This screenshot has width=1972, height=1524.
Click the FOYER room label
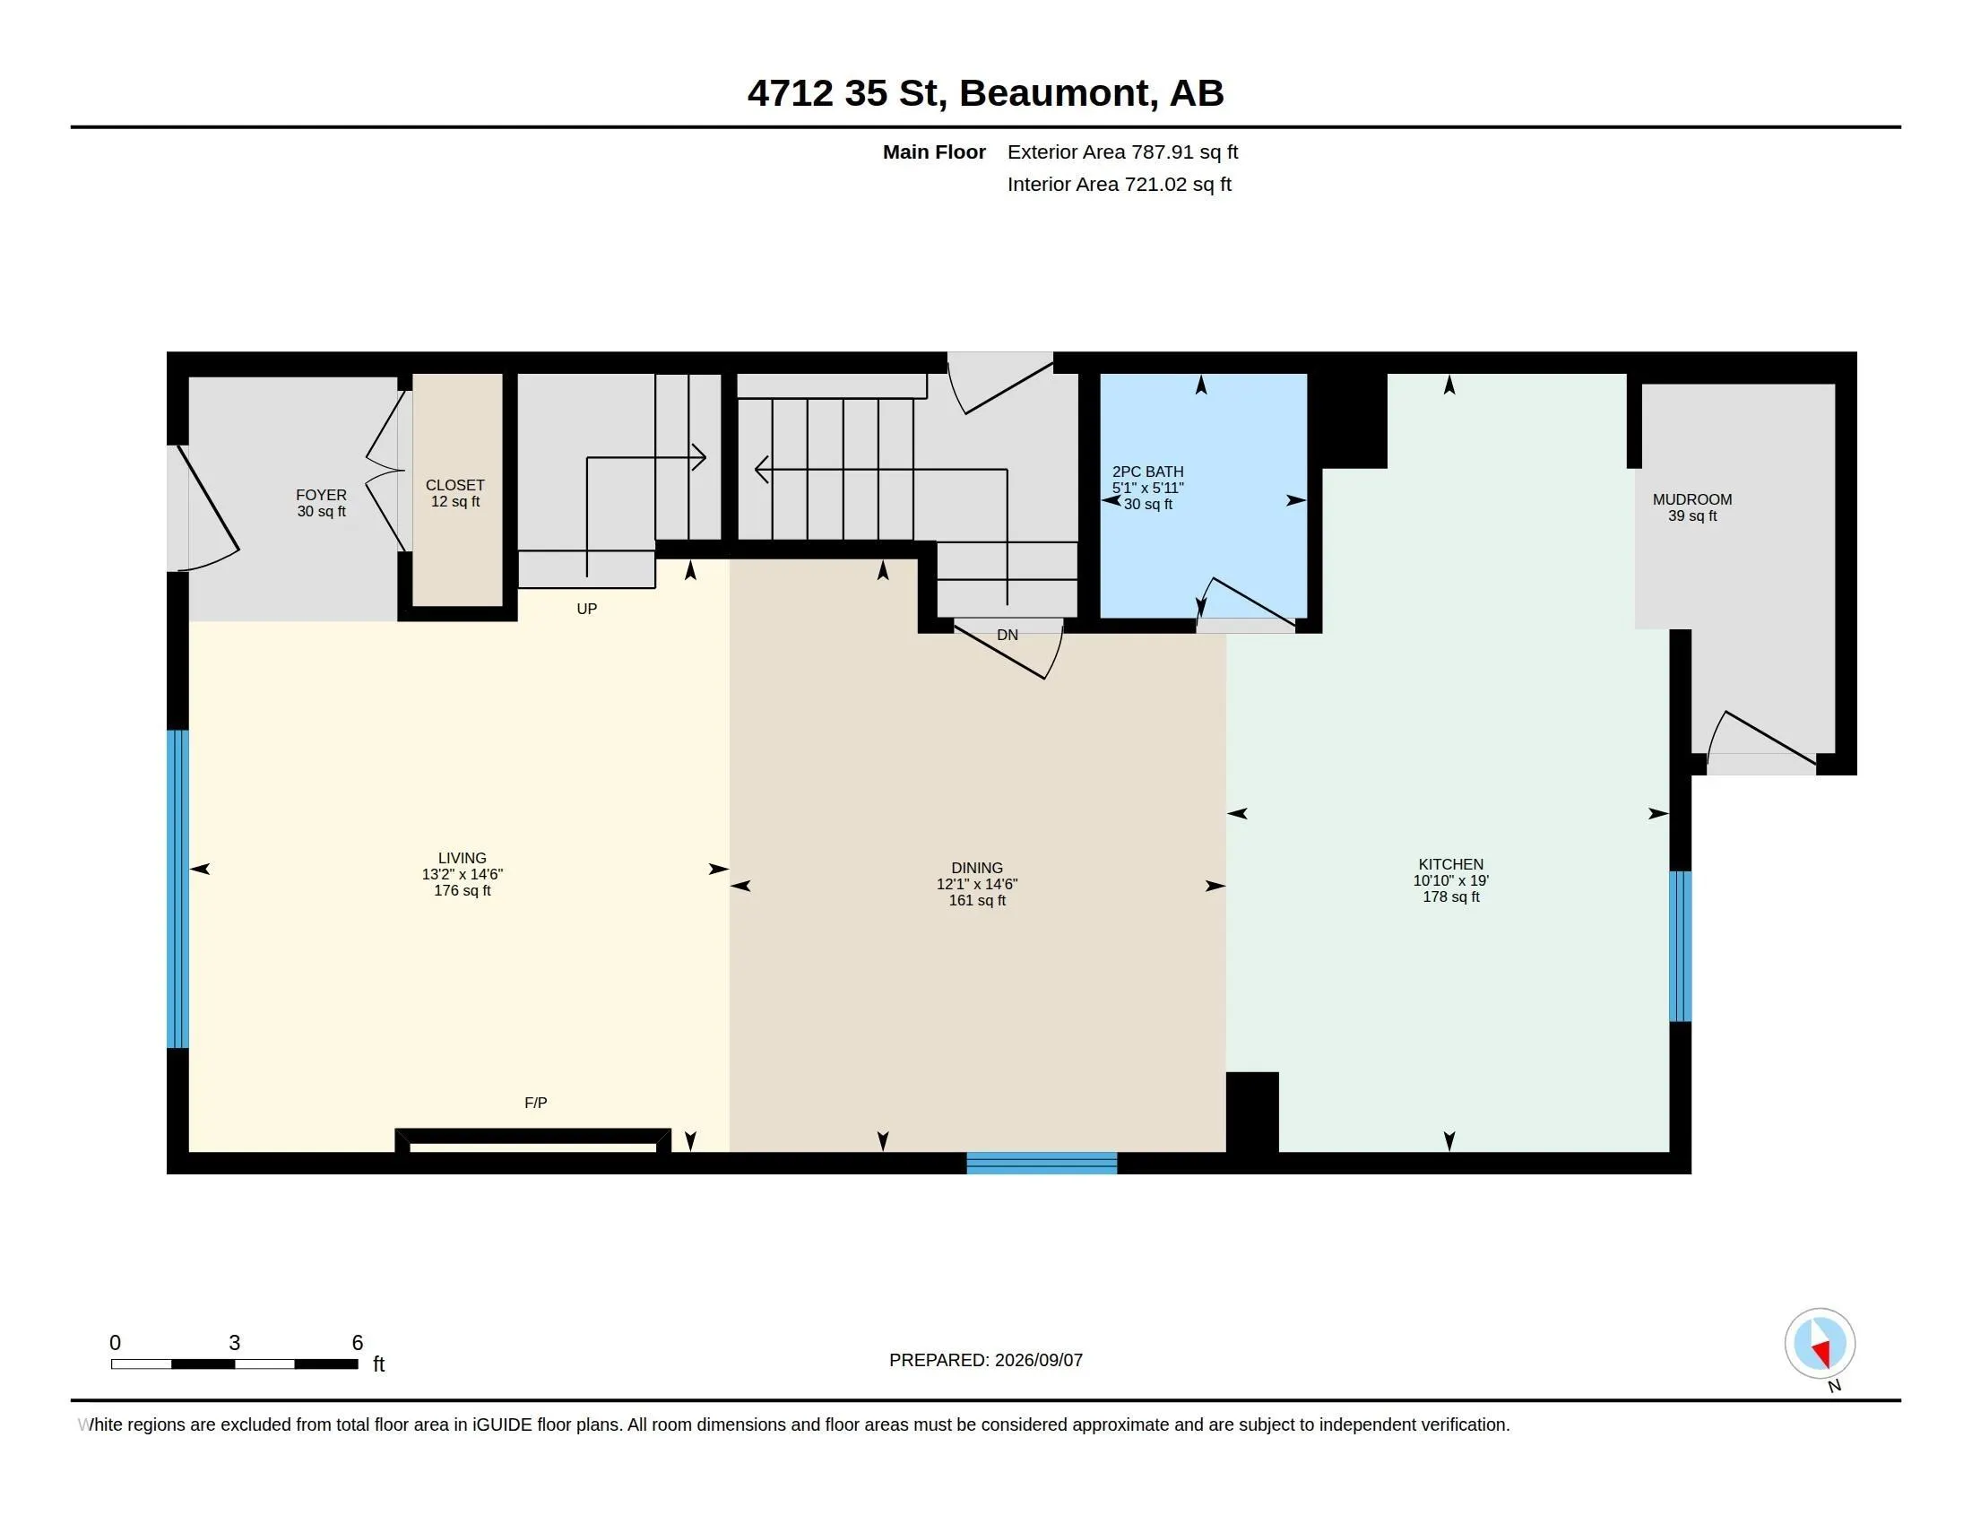(x=322, y=495)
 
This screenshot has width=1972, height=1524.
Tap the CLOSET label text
(x=455, y=486)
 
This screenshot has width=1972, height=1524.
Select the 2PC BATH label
(x=1147, y=472)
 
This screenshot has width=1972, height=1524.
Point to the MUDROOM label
(x=1692, y=499)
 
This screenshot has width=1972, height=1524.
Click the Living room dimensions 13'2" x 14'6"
(x=463, y=874)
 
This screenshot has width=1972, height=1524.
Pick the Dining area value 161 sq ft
(x=977, y=900)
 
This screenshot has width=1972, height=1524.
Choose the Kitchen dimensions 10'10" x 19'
(x=1451, y=880)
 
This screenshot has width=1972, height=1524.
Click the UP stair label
(x=587, y=609)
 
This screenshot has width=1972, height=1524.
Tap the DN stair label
(x=1008, y=635)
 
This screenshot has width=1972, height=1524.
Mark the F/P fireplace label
(x=535, y=1103)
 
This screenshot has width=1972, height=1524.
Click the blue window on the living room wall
(x=177, y=888)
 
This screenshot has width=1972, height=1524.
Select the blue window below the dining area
(x=1042, y=1163)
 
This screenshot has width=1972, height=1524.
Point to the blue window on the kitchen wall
(x=1680, y=945)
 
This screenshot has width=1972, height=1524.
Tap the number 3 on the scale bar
(x=235, y=1343)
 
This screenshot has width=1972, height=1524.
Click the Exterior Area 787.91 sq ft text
(x=1122, y=152)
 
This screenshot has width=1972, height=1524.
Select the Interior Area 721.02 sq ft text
(x=1119, y=184)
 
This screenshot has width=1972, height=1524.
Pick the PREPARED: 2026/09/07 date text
(x=986, y=1360)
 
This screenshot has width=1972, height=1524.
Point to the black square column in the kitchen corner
(x=1251, y=1112)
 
